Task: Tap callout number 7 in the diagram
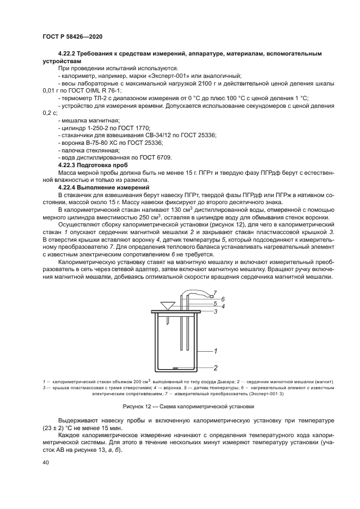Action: [x=215, y=292]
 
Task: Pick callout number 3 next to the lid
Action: [x=216, y=311]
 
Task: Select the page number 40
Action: [x=46, y=463]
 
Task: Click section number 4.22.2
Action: [x=69, y=54]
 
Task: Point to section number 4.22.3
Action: [x=69, y=164]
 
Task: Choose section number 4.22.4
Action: [x=69, y=187]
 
